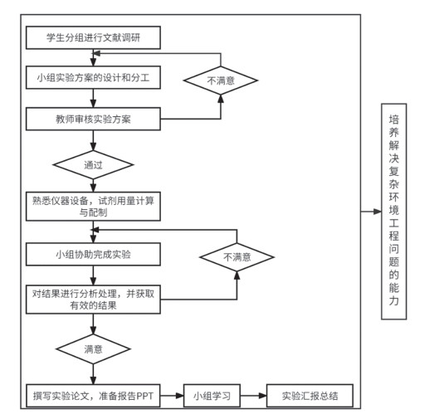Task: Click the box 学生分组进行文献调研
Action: point(93,37)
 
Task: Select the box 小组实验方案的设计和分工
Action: point(93,78)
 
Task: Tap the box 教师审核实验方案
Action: point(93,119)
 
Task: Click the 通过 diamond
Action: point(93,165)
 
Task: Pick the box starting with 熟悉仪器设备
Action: point(93,207)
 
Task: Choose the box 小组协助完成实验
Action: point(93,254)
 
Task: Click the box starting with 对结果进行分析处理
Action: point(93,300)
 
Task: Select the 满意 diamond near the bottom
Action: point(93,348)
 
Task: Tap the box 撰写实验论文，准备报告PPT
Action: point(93,396)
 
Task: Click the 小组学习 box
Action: point(212,396)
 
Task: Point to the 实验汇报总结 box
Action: point(310,396)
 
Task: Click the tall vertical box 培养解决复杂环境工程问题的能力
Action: point(394,212)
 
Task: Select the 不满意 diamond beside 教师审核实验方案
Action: point(221,80)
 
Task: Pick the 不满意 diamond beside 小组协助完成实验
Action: point(237,257)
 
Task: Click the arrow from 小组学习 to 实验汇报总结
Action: point(253,396)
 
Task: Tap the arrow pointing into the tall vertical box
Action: point(371,212)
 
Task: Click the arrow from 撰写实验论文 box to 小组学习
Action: point(172,396)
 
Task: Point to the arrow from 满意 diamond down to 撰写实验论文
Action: point(93,374)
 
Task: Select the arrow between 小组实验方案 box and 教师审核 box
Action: point(93,98)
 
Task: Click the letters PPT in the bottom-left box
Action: point(144,396)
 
